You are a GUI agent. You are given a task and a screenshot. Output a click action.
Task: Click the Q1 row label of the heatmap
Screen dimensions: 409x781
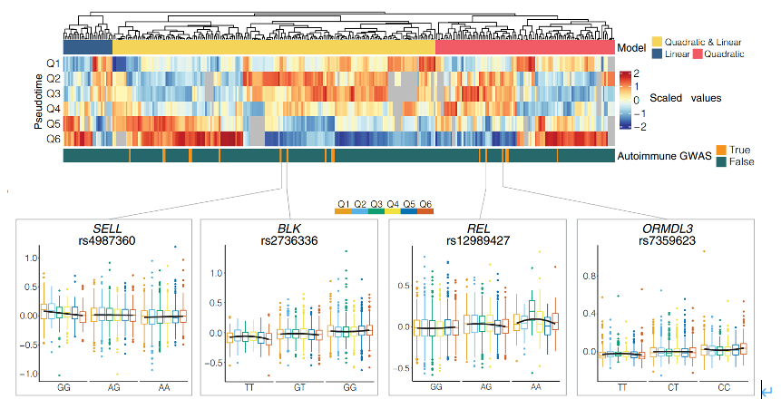point(54,63)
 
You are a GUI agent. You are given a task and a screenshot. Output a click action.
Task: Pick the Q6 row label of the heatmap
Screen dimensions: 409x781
point(54,139)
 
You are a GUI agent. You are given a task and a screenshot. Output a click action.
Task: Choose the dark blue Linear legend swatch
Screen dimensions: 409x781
point(657,54)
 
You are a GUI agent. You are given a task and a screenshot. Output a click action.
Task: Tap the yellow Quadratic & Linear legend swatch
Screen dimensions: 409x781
point(657,43)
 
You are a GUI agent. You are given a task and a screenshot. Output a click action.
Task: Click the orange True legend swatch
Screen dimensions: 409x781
point(722,149)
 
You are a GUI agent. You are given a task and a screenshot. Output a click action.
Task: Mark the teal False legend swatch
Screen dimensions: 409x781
point(722,161)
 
